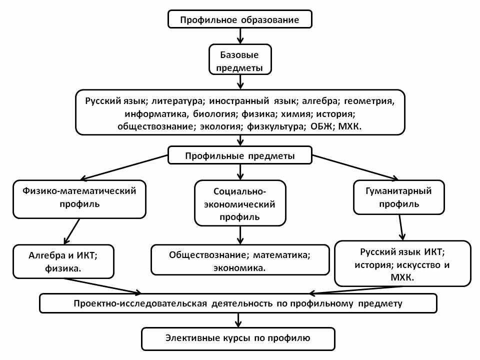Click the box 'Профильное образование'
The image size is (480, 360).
point(240,19)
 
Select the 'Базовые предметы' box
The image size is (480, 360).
point(240,59)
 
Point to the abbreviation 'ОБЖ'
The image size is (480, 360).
point(321,126)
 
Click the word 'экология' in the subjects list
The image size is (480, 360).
point(220,126)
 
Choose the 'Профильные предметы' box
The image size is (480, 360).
point(240,155)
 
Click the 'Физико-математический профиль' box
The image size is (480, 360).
point(79,199)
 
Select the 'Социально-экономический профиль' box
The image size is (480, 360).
point(240,203)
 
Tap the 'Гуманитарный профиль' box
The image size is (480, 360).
point(399,197)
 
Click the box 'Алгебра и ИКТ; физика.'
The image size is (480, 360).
point(63,261)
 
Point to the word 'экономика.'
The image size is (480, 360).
point(239,268)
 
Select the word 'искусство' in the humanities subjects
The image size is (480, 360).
point(418,264)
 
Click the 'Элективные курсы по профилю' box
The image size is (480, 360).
point(238,339)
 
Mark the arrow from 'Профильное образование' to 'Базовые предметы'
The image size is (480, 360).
point(240,36)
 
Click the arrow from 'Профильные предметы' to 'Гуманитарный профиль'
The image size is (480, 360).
point(355,167)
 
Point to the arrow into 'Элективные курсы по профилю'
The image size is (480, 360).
point(238,320)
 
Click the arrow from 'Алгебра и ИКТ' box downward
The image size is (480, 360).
point(103,286)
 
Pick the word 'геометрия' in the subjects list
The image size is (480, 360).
point(369,101)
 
